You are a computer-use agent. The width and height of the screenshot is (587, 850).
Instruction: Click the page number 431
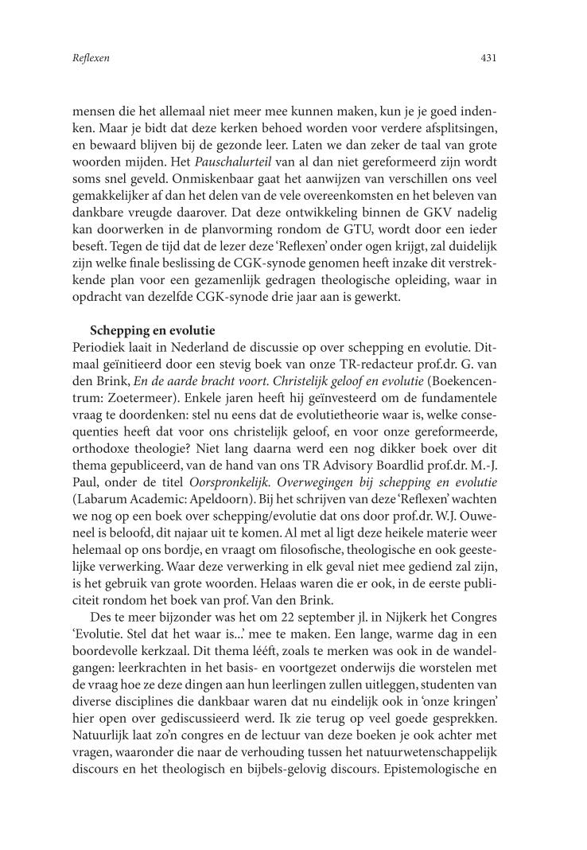(x=488, y=58)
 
